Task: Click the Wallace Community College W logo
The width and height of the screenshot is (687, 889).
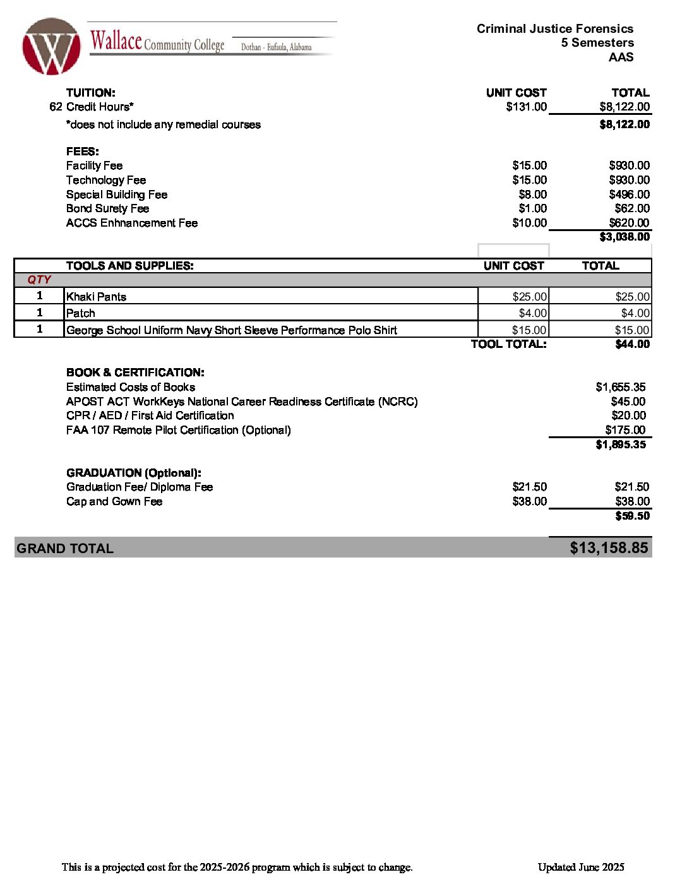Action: [51, 46]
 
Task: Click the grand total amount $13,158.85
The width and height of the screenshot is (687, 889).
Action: [609, 547]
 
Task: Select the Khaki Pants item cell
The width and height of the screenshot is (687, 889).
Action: [96, 297]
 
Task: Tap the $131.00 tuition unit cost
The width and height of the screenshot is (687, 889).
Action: [526, 107]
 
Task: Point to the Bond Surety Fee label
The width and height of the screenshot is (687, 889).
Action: [107, 208]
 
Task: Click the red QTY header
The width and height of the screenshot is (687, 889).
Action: [39, 280]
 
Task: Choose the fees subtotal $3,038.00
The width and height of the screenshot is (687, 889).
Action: [624, 237]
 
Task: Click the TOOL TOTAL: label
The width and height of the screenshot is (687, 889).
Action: [508, 344]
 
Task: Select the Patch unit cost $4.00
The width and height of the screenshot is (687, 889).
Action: [532, 313]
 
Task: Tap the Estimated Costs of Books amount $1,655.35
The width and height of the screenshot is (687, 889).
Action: [620, 387]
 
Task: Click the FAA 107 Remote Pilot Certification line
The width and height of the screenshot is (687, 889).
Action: [178, 430]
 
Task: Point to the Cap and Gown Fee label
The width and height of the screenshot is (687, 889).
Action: [114, 501]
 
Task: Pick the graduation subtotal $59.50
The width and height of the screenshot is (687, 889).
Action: [632, 516]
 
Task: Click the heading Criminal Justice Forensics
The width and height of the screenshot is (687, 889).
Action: [554, 28]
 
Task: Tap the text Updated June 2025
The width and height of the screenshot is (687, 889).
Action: [581, 867]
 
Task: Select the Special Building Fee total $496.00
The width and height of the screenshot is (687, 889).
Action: [629, 194]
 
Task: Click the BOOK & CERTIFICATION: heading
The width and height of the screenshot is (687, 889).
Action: [135, 373]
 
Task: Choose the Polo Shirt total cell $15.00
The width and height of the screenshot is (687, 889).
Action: [631, 330]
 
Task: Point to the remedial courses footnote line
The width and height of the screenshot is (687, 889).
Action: [164, 124]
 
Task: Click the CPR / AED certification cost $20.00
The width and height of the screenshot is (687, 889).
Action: [628, 415]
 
